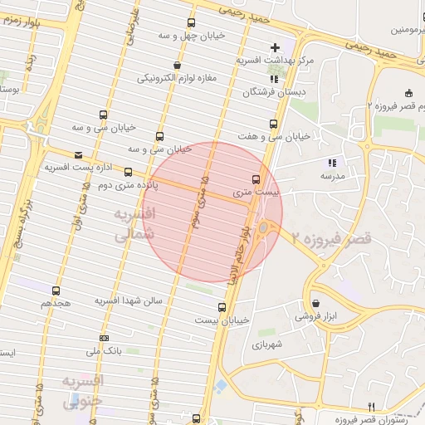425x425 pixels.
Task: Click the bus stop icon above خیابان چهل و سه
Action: point(192,23)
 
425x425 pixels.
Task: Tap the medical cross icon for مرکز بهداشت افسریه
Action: point(276,47)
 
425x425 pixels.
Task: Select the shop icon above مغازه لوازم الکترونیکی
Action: point(176,65)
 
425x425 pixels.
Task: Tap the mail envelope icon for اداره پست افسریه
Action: point(78,154)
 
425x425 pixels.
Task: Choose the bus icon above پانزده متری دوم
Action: point(128,172)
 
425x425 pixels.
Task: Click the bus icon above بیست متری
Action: point(255,178)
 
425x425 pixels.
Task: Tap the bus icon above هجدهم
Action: point(56,291)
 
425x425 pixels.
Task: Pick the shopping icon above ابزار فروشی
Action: point(316,303)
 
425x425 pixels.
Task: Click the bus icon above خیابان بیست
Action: point(221,307)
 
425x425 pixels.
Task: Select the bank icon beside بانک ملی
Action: point(104,338)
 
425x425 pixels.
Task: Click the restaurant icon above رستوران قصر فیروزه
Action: point(372,406)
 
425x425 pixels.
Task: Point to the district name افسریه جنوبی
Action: point(82,390)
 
